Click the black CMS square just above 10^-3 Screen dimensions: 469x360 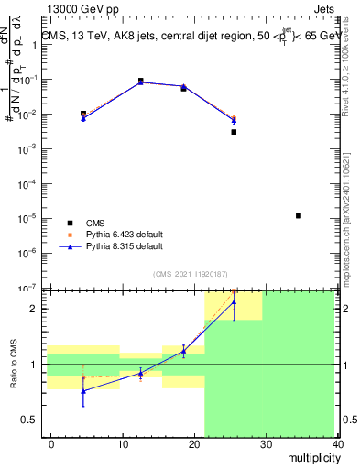234,132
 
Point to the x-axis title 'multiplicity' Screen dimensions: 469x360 311,455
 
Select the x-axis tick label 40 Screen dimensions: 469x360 339,443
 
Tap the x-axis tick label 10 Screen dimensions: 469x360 123,443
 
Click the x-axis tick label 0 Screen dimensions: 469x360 51,443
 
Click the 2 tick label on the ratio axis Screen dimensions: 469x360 34,309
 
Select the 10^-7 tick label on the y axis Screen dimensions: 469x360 27,288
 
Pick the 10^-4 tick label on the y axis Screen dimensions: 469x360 27,183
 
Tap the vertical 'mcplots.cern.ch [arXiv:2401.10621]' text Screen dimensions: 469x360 351,202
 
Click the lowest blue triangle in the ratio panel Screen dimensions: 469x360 83,391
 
